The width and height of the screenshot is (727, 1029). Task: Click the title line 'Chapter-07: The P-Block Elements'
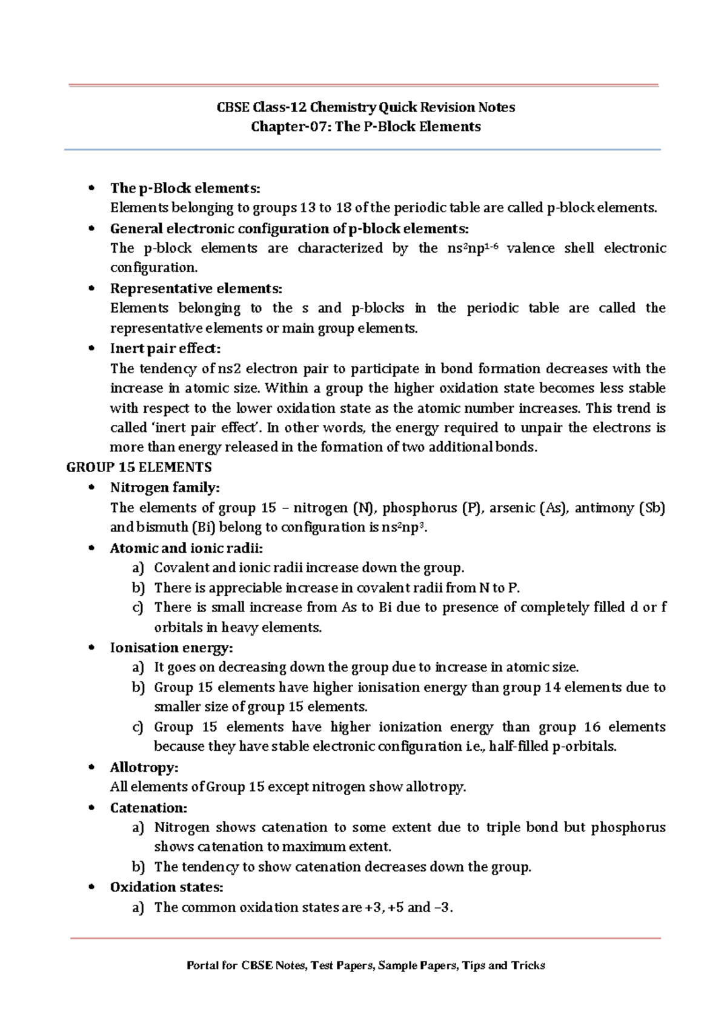click(366, 127)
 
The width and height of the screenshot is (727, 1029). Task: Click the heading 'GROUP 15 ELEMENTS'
click(139, 467)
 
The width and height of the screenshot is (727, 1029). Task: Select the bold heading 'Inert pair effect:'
click(165, 348)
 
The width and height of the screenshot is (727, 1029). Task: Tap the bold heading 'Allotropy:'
click(144, 767)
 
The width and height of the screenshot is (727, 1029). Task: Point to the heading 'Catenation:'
click(148, 808)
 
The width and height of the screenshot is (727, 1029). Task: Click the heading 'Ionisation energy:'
click(171, 648)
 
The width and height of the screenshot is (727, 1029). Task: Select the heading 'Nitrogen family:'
click(165, 487)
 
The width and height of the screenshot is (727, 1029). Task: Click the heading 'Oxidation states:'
click(167, 887)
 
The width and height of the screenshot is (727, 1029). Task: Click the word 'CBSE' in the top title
click(233, 107)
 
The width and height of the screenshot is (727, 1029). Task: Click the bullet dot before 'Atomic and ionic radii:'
click(91, 548)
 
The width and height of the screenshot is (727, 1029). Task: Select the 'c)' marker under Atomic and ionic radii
click(138, 607)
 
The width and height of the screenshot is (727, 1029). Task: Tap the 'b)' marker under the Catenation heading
click(138, 867)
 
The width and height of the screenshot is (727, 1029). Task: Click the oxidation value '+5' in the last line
click(396, 907)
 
